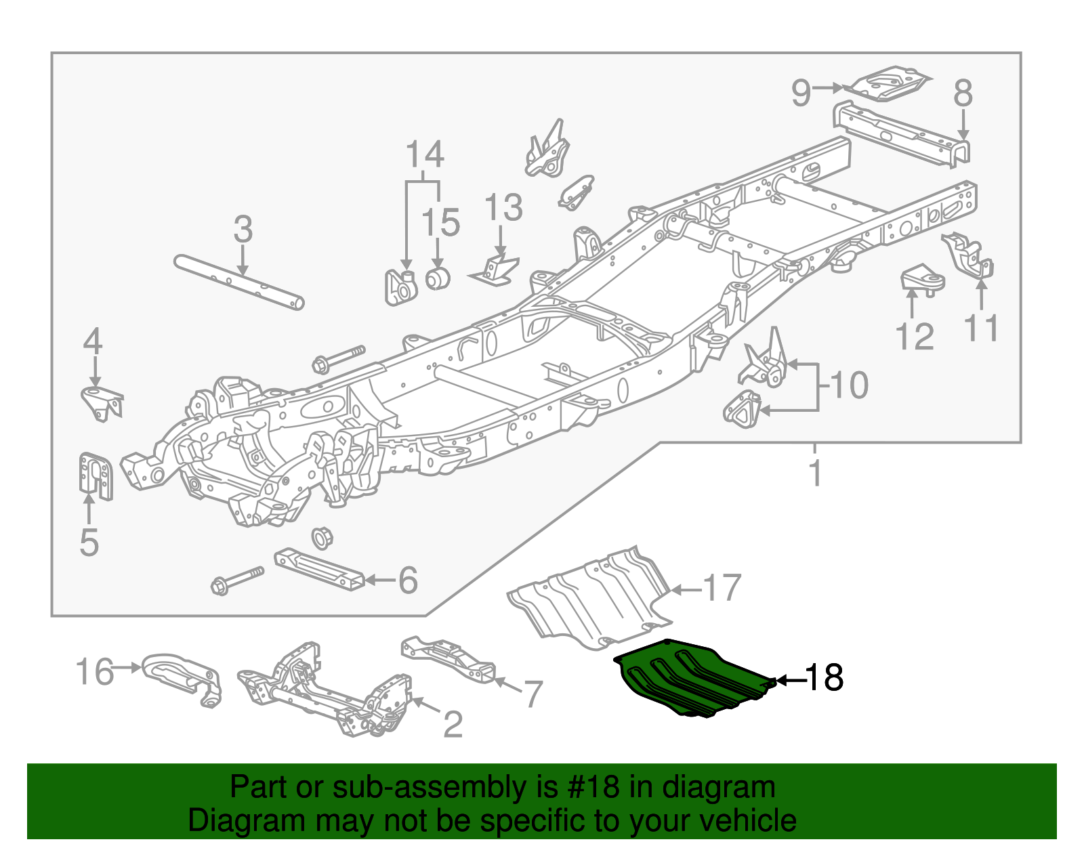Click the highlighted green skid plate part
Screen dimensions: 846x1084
click(x=691, y=681)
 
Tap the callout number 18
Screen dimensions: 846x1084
click(x=824, y=677)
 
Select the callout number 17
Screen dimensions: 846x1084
click(x=722, y=588)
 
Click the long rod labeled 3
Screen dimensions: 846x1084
click(x=238, y=281)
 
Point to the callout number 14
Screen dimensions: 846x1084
click(x=425, y=154)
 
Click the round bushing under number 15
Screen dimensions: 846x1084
click(x=438, y=278)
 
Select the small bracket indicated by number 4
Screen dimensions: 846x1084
click(x=102, y=404)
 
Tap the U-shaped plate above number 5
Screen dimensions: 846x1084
click(x=95, y=475)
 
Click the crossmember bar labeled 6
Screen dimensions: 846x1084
click(x=318, y=569)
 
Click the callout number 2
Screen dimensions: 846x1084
click(x=453, y=725)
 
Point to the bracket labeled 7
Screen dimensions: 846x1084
click(x=447, y=657)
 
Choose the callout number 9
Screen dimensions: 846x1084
click(x=801, y=92)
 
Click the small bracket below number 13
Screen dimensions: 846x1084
click(x=495, y=271)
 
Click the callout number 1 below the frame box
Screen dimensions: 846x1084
click(x=816, y=472)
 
